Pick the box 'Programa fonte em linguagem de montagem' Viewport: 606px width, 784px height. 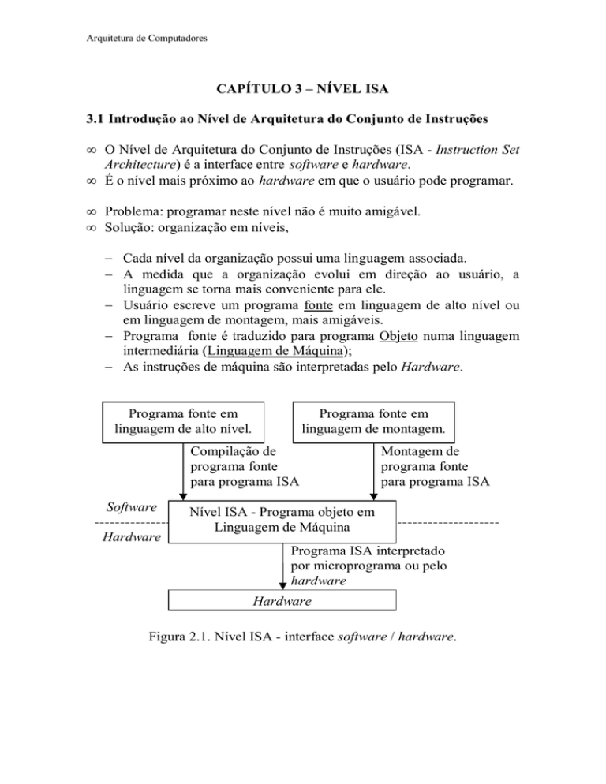click(374, 422)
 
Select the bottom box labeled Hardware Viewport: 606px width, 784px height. click(282, 601)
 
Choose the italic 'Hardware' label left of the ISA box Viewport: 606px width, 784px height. click(132, 537)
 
